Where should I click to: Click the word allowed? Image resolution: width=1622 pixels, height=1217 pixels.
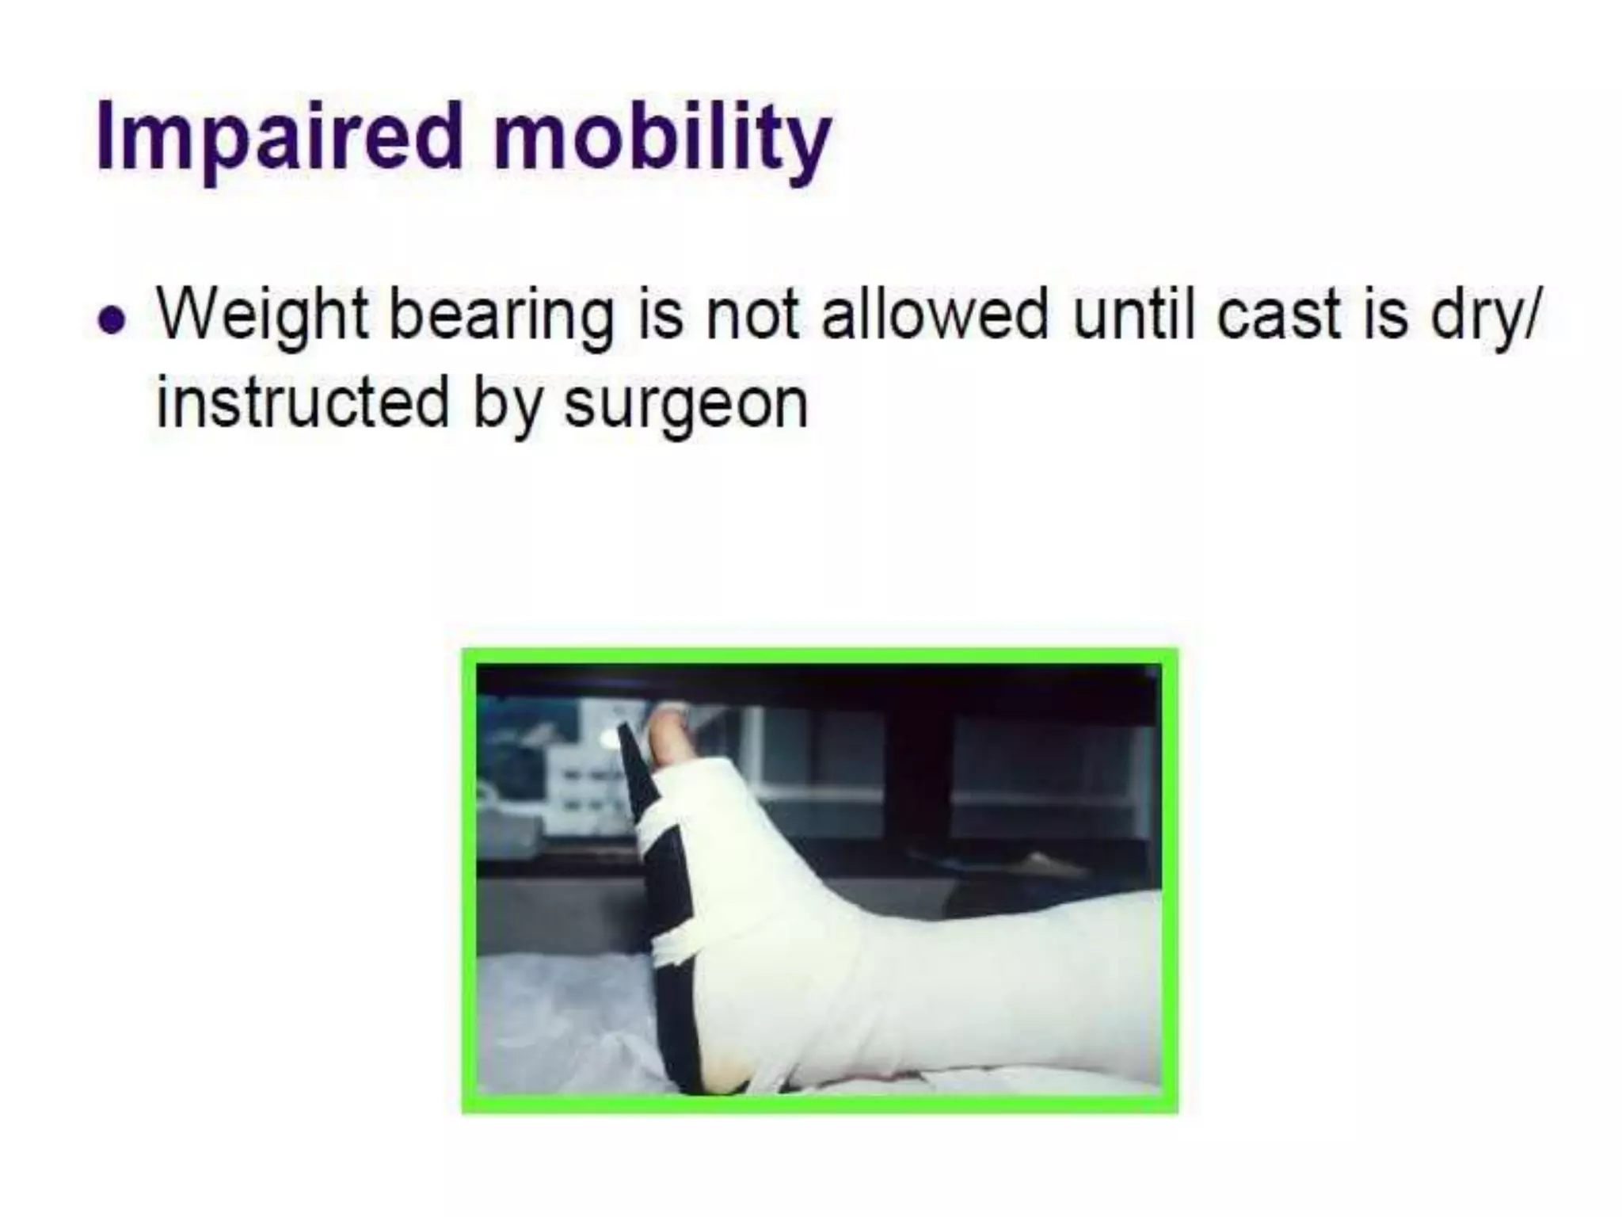tap(935, 314)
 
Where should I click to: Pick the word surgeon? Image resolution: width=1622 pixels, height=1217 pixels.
tap(686, 406)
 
